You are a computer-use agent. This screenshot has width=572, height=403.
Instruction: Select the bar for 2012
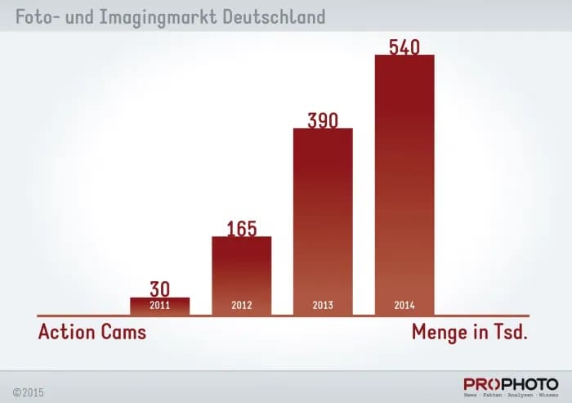pos(241,270)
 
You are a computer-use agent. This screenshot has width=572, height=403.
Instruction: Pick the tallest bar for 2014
pos(404,180)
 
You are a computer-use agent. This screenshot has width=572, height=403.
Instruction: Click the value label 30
pos(159,289)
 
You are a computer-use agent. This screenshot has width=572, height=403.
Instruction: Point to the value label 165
pos(241,227)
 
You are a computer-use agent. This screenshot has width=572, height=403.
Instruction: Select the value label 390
pos(323,119)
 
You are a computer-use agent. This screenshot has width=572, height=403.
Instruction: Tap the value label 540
pos(404,47)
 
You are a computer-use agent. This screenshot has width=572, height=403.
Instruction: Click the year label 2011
pos(159,307)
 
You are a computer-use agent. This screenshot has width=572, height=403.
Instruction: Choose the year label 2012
pos(241,307)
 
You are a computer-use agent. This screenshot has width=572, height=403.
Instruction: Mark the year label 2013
pos(323,307)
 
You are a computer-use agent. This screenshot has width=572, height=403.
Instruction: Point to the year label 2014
pos(404,307)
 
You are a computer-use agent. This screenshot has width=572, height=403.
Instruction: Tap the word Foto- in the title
pos(36,16)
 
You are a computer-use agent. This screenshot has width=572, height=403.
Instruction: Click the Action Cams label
pos(92,333)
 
